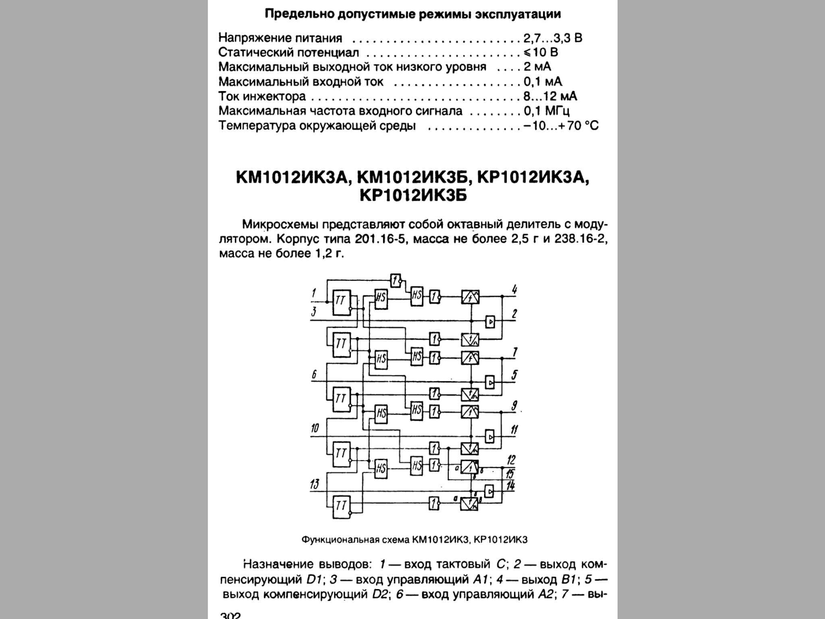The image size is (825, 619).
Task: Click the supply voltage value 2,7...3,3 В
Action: point(553,38)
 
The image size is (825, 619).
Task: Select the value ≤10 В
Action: point(541,52)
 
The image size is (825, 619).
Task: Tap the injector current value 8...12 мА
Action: point(550,96)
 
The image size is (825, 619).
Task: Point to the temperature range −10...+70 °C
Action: point(561,126)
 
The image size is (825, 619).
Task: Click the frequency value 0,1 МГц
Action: point(546,111)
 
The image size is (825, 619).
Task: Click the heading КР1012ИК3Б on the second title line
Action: point(413,196)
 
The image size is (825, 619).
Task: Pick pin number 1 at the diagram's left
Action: point(314,293)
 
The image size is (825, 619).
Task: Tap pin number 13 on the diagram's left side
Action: point(315,484)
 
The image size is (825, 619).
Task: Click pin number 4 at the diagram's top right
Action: point(514,289)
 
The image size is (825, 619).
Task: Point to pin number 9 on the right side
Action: point(514,406)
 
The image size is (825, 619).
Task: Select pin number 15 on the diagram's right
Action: point(510,473)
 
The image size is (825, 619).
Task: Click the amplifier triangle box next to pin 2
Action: point(490,322)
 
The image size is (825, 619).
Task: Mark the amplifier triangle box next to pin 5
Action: point(490,382)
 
